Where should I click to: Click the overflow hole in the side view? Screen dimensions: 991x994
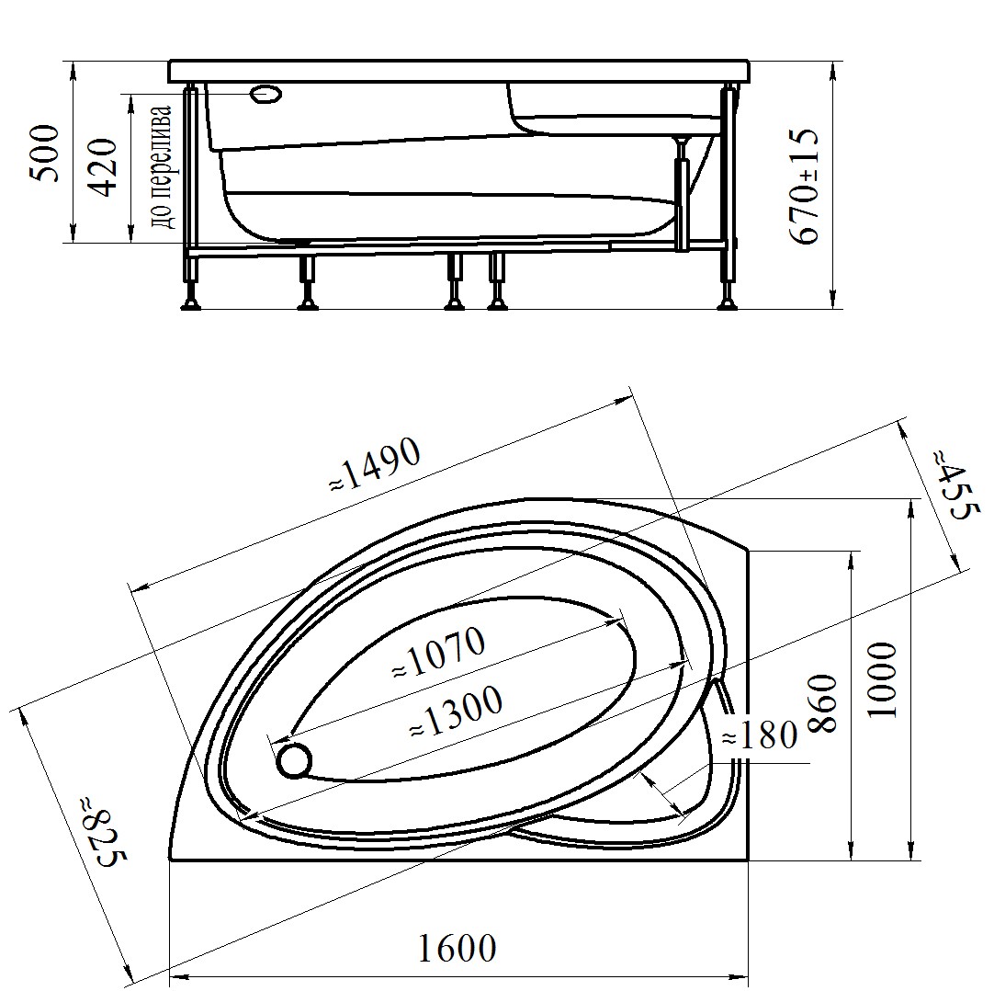(x=266, y=94)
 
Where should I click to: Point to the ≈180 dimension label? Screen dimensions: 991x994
(x=759, y=735)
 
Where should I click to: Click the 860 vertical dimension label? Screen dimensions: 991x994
(x=823, y=704)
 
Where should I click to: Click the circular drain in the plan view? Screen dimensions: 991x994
(x=295, y=760)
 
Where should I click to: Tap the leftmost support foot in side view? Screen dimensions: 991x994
(x=192, y=304)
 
